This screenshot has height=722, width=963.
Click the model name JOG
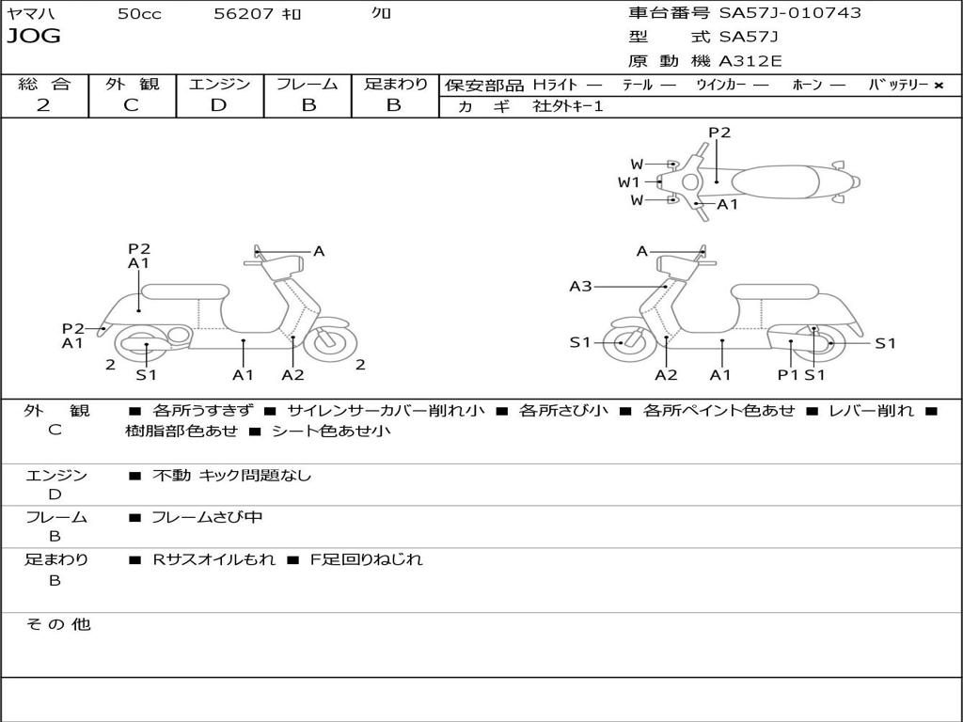click(x=34, y=37)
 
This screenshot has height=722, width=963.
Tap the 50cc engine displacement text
click(x=138, y=14)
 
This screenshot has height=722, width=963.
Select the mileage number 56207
click(x=244, y=14)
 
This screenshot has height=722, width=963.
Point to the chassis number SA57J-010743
click(x=790, y=13)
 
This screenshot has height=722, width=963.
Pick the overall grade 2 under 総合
click(x=43, y=105)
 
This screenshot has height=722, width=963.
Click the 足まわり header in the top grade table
click(x=395, y=84)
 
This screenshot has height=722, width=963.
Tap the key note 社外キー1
click(x=568, y=106)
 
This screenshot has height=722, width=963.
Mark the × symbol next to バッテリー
click(x=938, y=85)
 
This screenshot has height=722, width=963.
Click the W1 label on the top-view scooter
click(x=629, y=182)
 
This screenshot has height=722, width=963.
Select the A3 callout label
click(x=580, y=286)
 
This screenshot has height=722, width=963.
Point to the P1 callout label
click(x=787, y=374)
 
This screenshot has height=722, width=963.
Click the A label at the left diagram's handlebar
click(x=319, y=251)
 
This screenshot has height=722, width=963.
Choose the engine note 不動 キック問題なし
click(x=231, y=476)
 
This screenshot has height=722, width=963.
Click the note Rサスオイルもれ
click(x=214, y=559)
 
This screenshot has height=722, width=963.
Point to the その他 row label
click(x=57, y=624)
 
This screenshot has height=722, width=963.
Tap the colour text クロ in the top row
click(x=382, y=14)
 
